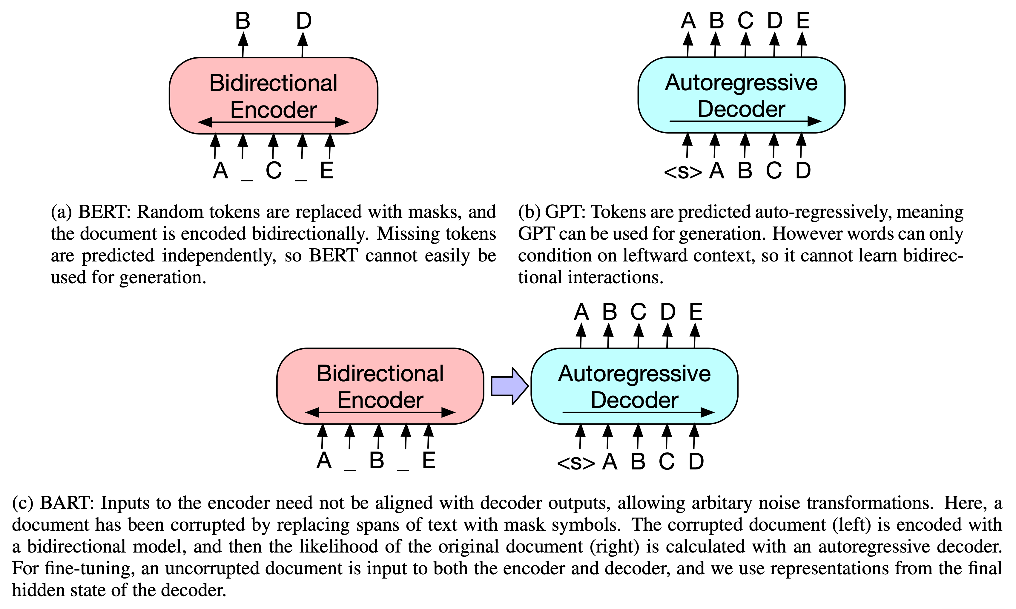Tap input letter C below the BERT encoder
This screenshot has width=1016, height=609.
click(274, 170)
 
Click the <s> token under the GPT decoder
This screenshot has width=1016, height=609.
click(683, 172)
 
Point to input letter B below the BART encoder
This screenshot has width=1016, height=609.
click(376, 460)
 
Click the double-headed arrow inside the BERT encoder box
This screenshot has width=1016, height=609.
click(274, 122)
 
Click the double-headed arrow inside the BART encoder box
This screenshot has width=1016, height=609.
click(380, 412)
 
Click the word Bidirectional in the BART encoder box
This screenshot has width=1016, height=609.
click(380, 374)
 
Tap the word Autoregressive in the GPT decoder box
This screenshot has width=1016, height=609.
click(741, 83)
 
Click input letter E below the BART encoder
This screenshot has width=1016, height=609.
click(429, 460)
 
